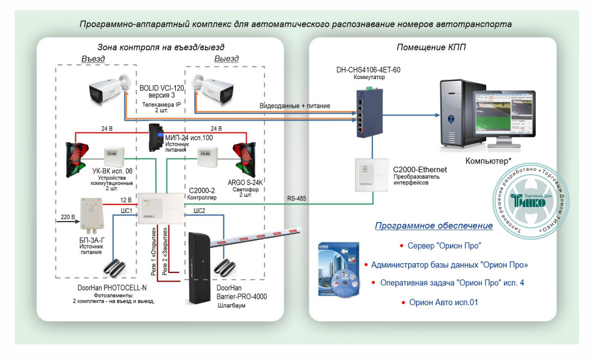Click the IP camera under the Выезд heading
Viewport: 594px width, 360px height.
(x=212, y=89)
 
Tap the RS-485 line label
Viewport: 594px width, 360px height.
(x=298, y=198)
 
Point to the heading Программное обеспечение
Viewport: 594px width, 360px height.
(x=434, y=226)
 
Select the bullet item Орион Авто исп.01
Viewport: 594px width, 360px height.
(x=443, y=302)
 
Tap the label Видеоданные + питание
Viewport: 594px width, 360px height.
(x=295, y=106)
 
